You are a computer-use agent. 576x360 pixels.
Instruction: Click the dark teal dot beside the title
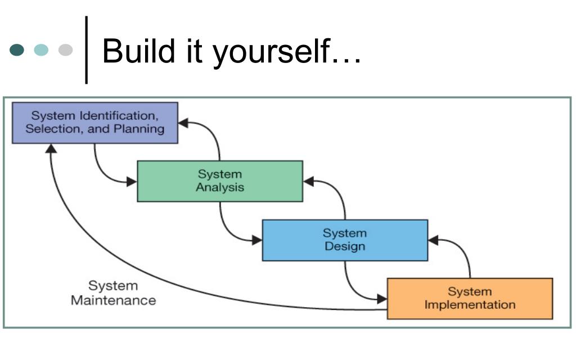tap(17, 49)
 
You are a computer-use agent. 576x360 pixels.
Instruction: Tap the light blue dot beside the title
tap(41, 49)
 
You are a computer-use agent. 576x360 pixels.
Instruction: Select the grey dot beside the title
tap(65, 49)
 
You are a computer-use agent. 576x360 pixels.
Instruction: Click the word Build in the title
tap(138, 51)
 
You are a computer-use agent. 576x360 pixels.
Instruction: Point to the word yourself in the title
tap(272, 53)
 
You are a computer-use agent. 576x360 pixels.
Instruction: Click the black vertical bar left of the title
tap(86, 50)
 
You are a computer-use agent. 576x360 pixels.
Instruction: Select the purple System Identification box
tap(95, 123)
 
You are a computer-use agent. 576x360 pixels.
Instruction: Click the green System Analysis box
tap(220, 181)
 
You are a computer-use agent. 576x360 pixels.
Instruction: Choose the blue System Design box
tap(345, 240)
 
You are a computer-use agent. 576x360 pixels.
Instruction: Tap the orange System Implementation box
tap(470, 299)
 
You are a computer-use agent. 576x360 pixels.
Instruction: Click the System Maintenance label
tap(114, 293)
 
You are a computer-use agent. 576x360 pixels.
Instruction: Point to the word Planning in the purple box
tap(139, 129)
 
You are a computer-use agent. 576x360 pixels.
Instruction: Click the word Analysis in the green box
tap(220, 187)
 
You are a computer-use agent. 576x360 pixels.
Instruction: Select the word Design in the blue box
tap(345, 246)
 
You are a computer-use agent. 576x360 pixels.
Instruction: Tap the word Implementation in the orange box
tap(470, 304)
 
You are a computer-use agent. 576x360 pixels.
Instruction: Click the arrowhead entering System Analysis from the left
tap(132, 182)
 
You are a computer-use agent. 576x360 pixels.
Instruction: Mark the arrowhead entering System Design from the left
tap(257, 241)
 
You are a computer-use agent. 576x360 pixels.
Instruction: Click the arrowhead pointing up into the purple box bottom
tap(51, 148)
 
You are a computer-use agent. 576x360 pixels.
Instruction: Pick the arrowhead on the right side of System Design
tap(433, 240)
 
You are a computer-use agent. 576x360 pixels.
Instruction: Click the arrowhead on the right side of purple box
tap(183, 123)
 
